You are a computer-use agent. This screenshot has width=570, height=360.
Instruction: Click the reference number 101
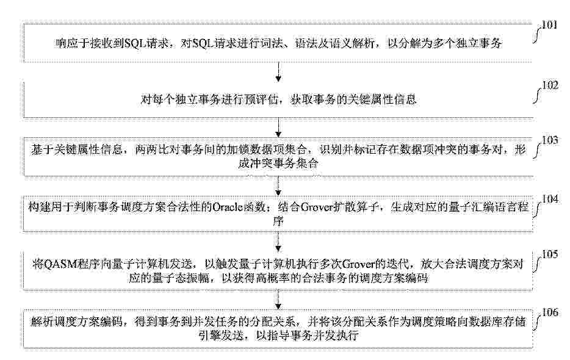tap(549, 25)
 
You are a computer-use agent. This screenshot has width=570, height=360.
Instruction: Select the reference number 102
tap(550, 85)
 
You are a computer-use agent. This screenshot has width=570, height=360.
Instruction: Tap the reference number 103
tap(550, 140)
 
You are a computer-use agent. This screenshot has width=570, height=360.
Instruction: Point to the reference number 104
tap(550, 199)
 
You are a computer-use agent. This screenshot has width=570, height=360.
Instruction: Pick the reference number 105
tap(550, 254)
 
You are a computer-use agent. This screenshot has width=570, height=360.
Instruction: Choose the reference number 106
tap(550, 312)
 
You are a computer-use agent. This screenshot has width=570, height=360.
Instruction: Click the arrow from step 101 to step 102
tap(278, 72)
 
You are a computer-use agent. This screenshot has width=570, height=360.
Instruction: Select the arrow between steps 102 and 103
tap(278, 128)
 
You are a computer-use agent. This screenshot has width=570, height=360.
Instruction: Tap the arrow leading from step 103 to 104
tap(278, 187)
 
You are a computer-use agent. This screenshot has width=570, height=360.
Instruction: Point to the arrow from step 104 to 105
tap(278, 242)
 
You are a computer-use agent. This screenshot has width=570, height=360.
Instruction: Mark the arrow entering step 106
tap(278, 300)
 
